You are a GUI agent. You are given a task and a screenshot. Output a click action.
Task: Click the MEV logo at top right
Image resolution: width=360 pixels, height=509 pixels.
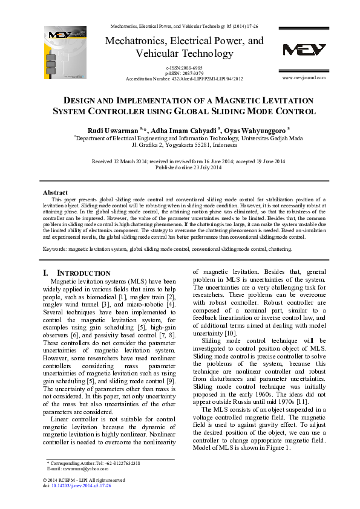(x=304, y=50)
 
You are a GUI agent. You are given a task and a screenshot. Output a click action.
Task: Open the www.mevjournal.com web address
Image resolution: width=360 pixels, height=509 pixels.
(x=304, y=78)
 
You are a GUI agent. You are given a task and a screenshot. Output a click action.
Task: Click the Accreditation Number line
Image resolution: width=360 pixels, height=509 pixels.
(x=184, y=79)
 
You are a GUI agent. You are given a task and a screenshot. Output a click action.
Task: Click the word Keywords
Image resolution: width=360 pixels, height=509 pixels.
(x=54, y=248)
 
